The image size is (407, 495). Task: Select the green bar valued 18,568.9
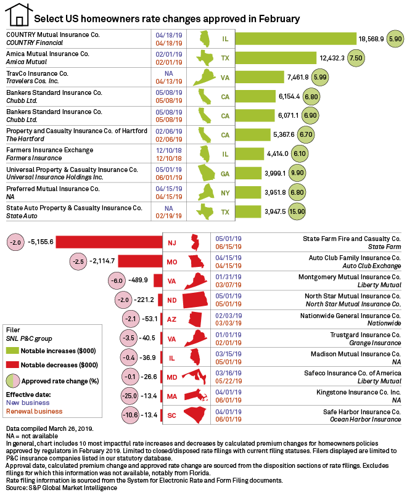click(x=295, y=39)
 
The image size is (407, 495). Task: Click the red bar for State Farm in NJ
click(x=108, y=242)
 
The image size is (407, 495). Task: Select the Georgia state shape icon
click(x=205, y=173)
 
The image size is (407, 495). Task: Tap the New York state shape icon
click(x=205, y=192)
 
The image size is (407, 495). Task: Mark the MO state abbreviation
click(x=172, y=261)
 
